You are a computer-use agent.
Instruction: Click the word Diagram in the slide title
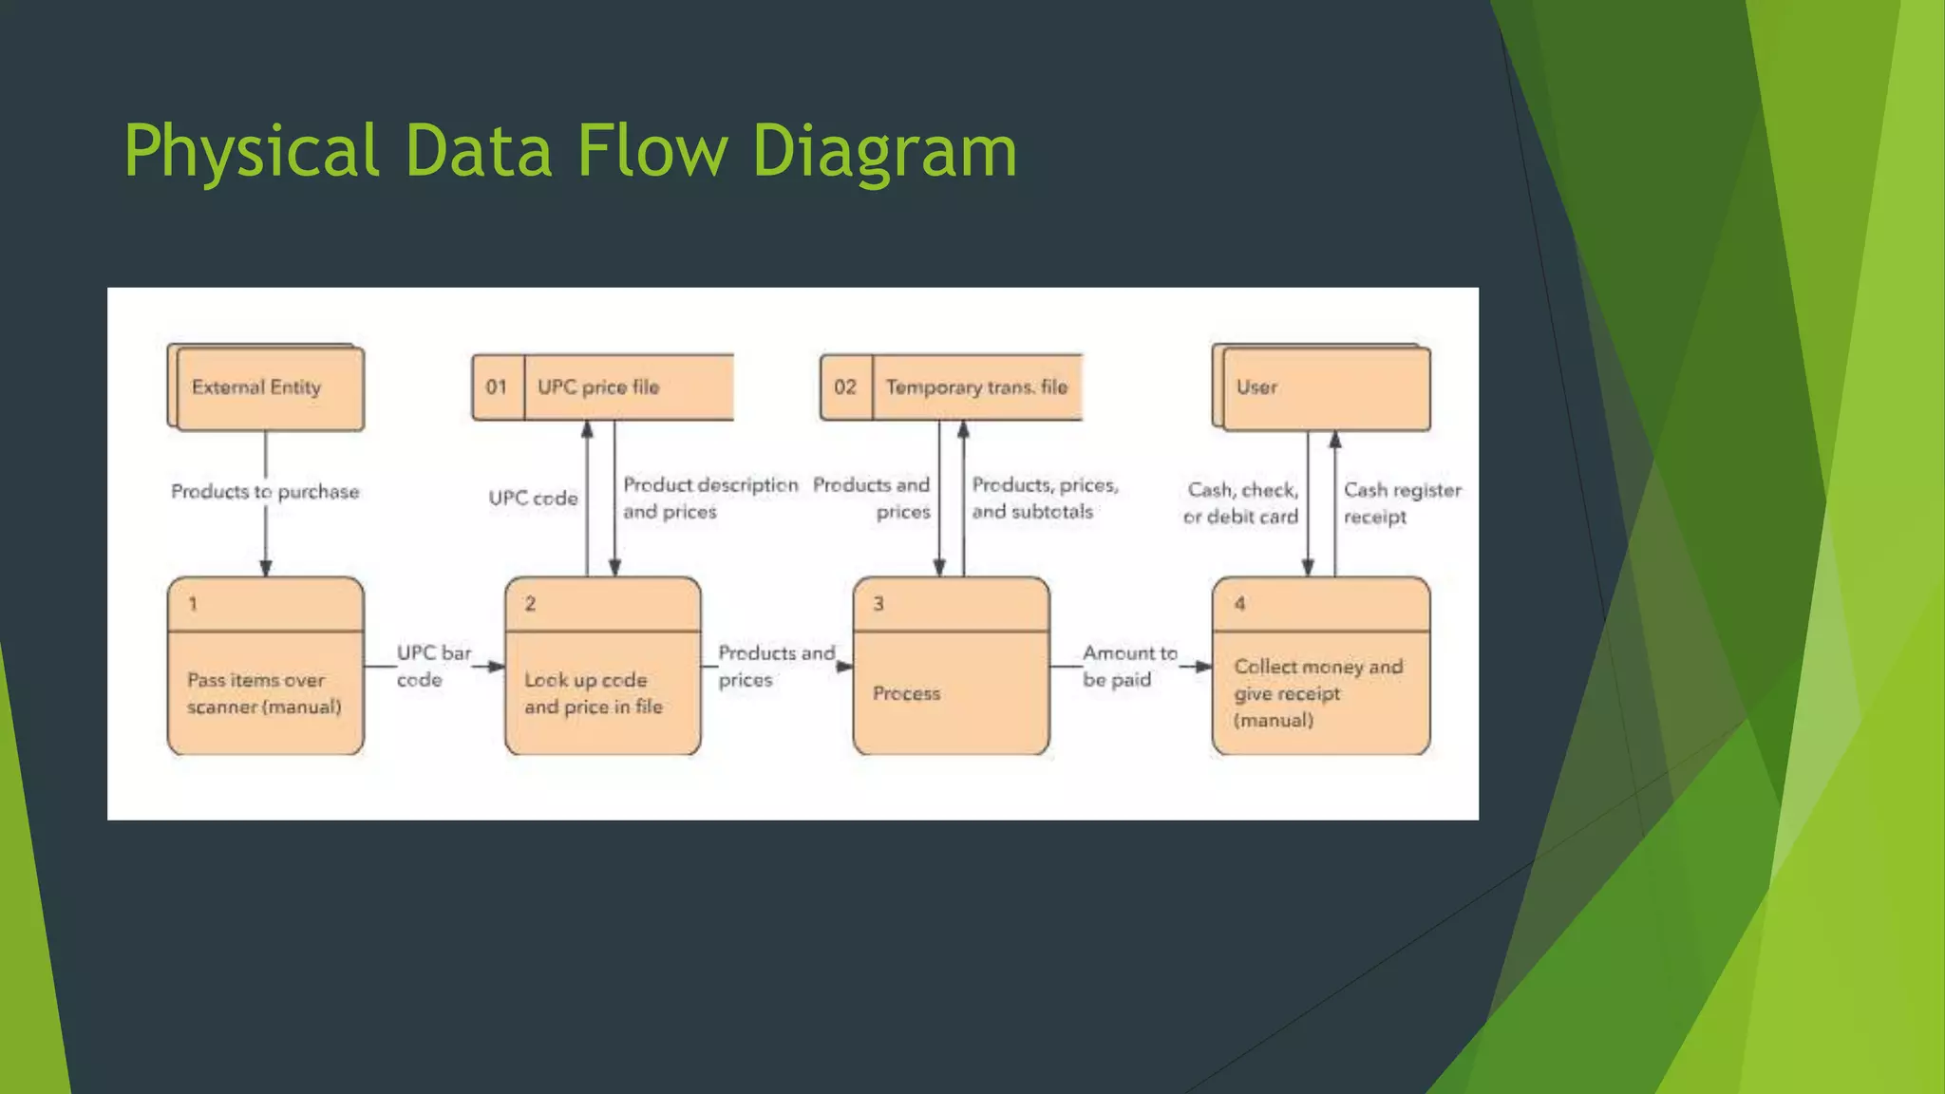tap(883, 152)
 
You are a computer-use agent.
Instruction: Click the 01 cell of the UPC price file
tap(497, 387)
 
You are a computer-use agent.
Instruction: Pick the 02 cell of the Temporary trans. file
tap(845, 387)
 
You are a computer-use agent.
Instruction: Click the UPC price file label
tap(598, 387)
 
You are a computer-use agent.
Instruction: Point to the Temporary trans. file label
tap(976, 387)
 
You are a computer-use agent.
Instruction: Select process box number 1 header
tap(266, 604)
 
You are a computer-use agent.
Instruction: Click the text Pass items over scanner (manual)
tap(264, 693)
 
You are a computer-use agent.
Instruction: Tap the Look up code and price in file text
tap(594, 693)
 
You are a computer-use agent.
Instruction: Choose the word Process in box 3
tap(906, 693)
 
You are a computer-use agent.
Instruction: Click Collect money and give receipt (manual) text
tap(1318, 693)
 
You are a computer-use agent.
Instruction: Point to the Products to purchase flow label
tap(265, 492)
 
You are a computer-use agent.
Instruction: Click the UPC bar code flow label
tap(432, 666)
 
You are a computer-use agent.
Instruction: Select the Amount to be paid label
tap(1128, 666)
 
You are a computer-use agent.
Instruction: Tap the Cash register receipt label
tap(1401, 503)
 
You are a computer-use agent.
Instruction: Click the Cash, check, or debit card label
tap(1241, 503)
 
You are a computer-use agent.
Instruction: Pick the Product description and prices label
tap(709, 498)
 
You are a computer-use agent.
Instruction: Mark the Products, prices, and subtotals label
tap(1044, 498)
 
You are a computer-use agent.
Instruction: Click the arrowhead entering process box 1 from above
tap(266, 568)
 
